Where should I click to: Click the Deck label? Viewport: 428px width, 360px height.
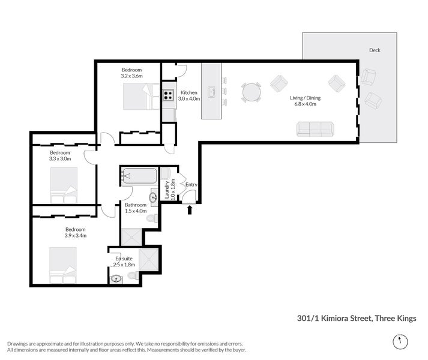375,50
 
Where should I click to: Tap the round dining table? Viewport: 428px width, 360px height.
252,92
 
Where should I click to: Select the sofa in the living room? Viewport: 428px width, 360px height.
315,128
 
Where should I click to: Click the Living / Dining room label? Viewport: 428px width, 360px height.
303,97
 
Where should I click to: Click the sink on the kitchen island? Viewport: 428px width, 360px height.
211,92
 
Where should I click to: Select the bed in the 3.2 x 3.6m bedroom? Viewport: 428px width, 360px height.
139,96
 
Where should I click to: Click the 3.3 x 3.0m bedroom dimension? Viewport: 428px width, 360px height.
60,159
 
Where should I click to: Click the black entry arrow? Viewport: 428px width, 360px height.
190,209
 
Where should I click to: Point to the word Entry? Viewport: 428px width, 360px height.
191,185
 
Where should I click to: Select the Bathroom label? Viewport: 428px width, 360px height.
136,205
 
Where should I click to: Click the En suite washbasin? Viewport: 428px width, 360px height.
116,278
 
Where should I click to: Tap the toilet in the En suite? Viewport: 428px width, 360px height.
132,277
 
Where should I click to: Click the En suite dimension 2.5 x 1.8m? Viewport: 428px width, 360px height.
124,265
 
